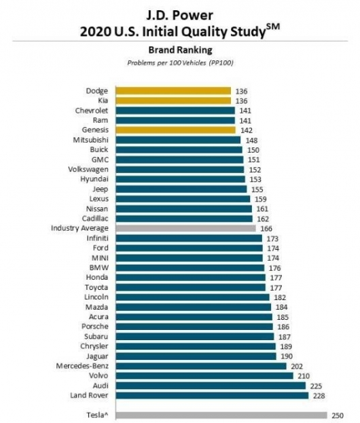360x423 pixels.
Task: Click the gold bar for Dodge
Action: tap(173, 91)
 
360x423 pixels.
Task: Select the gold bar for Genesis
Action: tap(176, 130)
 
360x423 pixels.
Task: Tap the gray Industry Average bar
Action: tap(185, 228)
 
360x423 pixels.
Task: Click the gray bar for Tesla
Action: tap(221, 415)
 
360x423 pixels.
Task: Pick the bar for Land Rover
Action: tap(212, 395)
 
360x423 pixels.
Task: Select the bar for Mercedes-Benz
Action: tap(201, 366)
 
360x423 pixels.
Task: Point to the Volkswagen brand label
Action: tap(88, 170)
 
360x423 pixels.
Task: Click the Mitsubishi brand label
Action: tap(90, 140)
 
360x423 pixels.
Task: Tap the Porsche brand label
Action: tap(95, 327)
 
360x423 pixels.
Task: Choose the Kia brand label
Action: tap(103, 100)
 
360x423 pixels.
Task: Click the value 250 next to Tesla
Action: tap(338, 416)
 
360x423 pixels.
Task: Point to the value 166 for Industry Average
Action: tap(266, 229)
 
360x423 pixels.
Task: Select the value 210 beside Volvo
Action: tap(304, 376)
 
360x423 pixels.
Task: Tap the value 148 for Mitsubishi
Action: tap(251, 141)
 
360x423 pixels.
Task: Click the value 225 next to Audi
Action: tap(316, 386)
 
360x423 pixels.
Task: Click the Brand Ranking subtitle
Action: tap(180, 50)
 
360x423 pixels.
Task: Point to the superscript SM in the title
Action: tap(273, 27)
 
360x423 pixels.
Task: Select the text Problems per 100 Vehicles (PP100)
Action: tap(180, 63)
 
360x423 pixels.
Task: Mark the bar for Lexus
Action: tap(183, 199)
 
